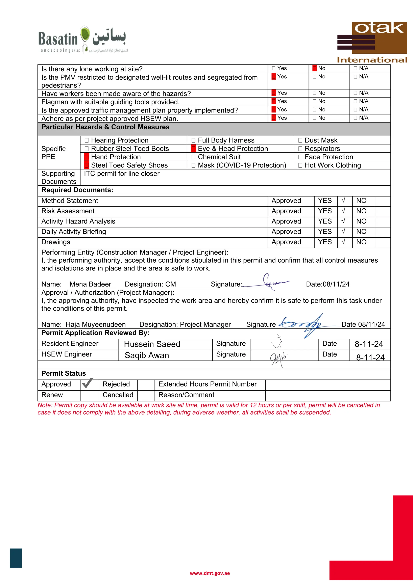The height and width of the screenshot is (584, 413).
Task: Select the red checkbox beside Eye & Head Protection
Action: point(193,149)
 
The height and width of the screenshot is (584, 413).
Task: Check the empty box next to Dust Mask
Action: point(300,140)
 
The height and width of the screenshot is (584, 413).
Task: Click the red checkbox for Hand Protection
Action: point(87,157)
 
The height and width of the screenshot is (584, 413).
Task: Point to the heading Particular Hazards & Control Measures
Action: point(105,127)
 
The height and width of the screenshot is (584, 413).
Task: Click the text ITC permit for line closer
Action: point(122,174)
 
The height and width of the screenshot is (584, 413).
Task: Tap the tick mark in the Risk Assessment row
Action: point(343,211)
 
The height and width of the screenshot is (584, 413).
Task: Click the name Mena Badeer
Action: point(90,284)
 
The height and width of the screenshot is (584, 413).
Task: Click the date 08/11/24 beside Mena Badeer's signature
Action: point(336,284)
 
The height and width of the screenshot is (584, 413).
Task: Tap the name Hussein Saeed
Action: point(152,344)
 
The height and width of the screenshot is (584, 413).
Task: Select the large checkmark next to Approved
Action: point(87,383)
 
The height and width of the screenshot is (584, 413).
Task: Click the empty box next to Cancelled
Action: point(146,395)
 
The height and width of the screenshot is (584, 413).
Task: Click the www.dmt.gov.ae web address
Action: point(210,573)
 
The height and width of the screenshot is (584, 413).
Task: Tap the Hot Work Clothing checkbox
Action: point(300,165)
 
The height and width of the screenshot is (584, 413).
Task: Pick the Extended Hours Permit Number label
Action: point(207,384)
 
